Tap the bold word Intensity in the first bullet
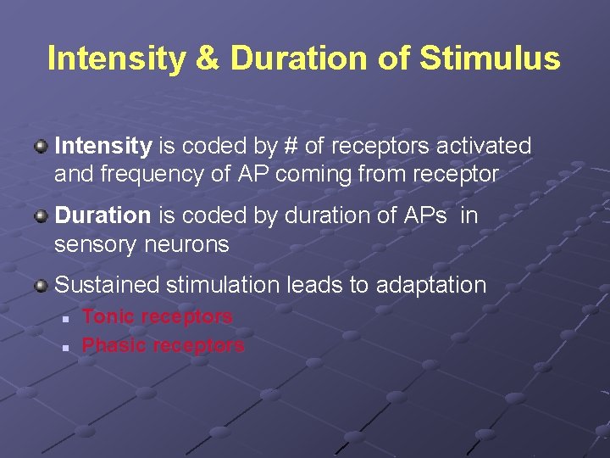(x=103, y=146)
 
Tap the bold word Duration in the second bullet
(x=103, y=215)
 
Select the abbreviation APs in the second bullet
(x=429, y=215)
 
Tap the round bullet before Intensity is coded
(x=41, y=147)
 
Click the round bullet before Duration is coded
(x=41, y=216)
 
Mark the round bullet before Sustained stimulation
(x=41, y=286)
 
